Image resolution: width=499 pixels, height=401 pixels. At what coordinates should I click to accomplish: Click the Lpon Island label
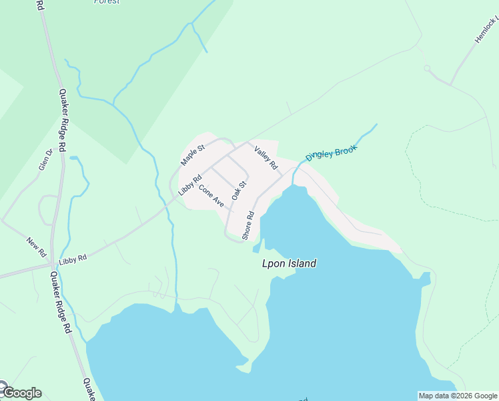[289, 264]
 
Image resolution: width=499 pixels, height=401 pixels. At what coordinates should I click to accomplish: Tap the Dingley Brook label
[332, 153]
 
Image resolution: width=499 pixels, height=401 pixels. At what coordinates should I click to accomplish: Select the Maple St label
[191, 154]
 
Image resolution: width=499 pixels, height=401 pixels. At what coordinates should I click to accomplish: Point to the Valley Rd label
[266, 158]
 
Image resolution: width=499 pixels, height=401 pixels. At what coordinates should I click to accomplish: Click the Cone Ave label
[211, 195]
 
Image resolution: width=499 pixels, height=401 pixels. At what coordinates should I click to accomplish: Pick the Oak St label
[239, 190]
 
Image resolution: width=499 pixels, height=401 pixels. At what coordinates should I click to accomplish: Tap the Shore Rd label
[248, 226]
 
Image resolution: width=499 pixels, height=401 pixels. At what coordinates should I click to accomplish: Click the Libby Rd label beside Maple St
[189, 185]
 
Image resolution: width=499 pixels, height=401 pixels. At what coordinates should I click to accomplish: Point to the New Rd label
[36, 246]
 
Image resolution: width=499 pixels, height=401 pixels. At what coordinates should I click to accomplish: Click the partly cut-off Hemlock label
[486, 30]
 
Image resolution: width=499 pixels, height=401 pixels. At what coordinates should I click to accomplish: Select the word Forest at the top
[107, 2]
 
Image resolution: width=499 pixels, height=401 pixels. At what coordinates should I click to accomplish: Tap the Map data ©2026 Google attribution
[458, 396]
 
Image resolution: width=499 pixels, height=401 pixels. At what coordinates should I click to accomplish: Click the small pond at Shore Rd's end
[256, 249]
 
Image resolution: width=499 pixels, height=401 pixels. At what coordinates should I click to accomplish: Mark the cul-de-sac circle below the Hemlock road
[427, 68]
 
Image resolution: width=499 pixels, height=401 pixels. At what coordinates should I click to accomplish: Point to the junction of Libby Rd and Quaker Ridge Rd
[53, 266]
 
